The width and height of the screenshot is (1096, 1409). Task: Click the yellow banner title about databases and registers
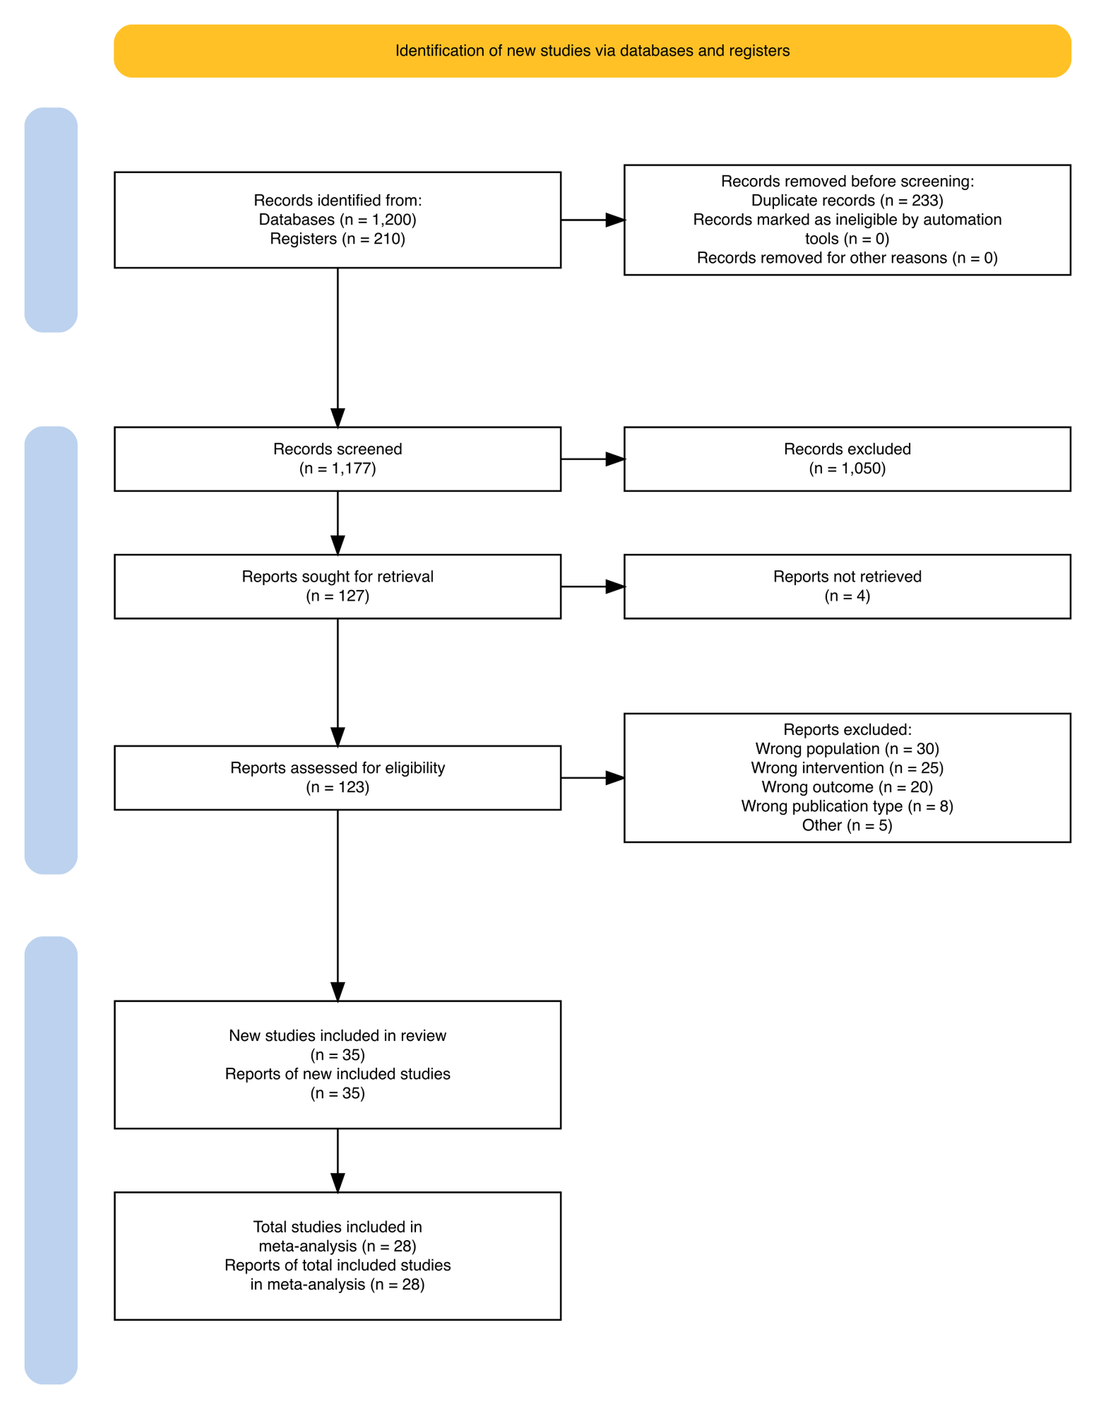[x=592, y=51]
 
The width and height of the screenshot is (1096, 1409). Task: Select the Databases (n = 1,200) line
[x=338, y=220]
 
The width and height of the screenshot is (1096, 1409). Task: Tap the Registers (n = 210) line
[x=338, y=240]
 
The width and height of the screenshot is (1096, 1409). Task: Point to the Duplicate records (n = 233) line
[x=847, y=201]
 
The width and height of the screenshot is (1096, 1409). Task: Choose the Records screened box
[x=338, y=460]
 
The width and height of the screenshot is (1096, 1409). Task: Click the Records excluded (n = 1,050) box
[x=847, y=460]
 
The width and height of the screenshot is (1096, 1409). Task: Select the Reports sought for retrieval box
[x=338, y=586]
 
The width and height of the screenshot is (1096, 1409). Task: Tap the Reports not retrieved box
[x=847, y=586]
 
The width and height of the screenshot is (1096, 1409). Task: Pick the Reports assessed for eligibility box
[x=338, y=778]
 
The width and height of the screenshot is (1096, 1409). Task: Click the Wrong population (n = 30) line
[x=847, y=749]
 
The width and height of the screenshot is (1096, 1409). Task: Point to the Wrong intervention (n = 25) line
[x=847, y=768]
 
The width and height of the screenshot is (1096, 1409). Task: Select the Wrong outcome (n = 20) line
[x=847, y=787]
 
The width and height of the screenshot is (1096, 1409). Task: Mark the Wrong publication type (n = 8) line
[x=847, y=806]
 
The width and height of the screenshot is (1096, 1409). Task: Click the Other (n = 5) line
[x=847, y=826]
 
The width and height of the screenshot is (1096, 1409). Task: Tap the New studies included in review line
[x=338, y=1036]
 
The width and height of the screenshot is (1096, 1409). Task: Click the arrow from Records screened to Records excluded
[x=593, y=460]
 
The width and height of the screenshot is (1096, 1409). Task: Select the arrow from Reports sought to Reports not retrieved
[x=593, y=586]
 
